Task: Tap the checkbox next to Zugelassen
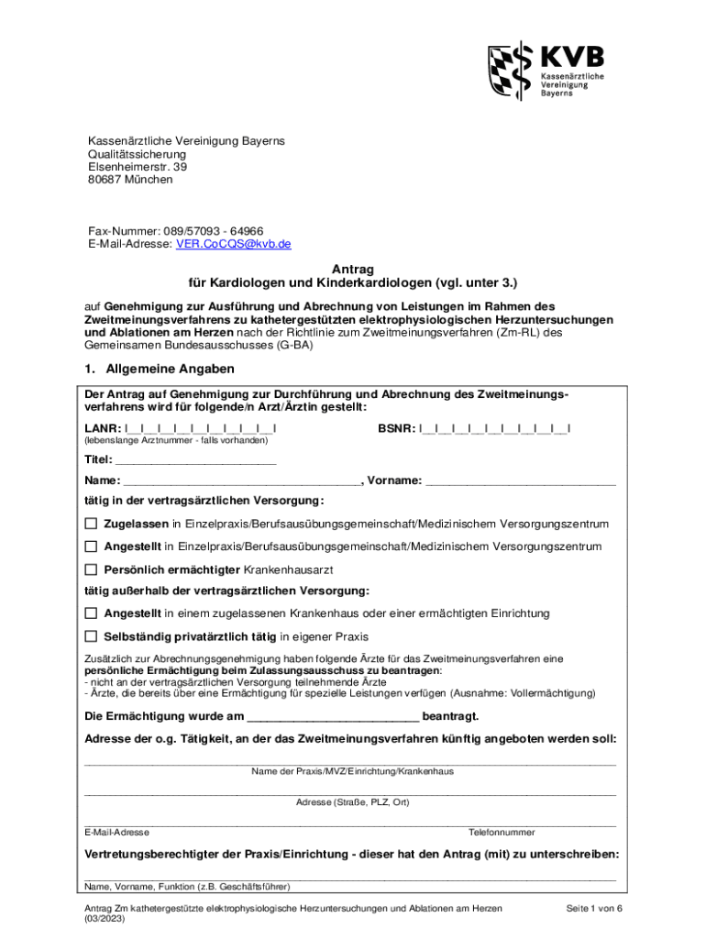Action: pyautogui.click(x=91, y=524)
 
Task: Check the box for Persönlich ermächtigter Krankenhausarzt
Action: pyautogui.click(x=91, y=569)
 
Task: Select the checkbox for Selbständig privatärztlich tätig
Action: pyautogui.click(x=91, y=635)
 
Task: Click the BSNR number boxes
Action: pyautogui.click(x=495, y=428)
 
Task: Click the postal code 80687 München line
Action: pyautogui.click(x=130, y=180)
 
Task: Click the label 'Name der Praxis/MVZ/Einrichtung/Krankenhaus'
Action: pyautogui.click(x=353, y=771)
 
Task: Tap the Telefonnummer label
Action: pyautogui.click(x=502, y=832)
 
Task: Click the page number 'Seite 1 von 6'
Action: pyautogui.click(x=594, y=908)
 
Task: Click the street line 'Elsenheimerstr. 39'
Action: pyautogui.click(x=138, y=167)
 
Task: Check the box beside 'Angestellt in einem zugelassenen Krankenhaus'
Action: pyautogui.click(x=91, y=613)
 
